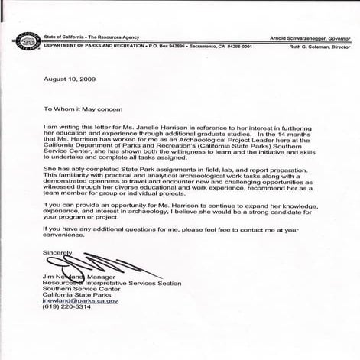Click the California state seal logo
click(15, 41)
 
